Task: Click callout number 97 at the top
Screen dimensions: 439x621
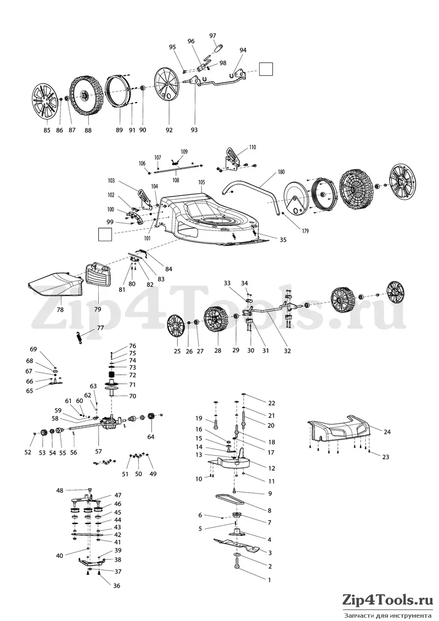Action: [x=212, y=36]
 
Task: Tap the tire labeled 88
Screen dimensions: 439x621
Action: [x=86, y=95]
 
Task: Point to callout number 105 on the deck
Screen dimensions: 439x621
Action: [x=202, y=182]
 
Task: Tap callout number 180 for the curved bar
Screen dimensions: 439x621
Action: [x=282, y=172]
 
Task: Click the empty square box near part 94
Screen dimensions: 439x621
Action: [x=266, y=69]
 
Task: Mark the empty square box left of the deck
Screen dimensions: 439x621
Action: [x=105, y=234]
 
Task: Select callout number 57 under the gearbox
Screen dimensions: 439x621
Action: [x=99, y=451]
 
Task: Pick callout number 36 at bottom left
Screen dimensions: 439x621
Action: [x=105, y=586]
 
